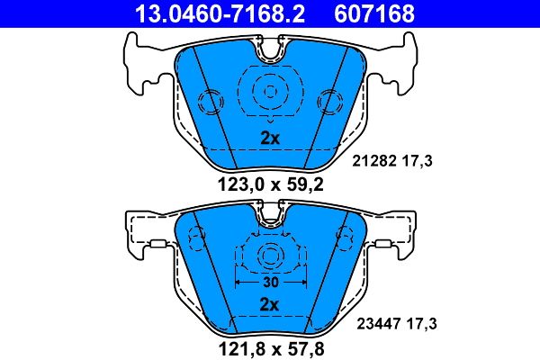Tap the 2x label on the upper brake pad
click(269, 139)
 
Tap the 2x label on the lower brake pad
click(269, 304)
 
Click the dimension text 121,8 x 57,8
click(269, 347)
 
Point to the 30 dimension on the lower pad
click(269, 281)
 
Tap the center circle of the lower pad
click(269, 256)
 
